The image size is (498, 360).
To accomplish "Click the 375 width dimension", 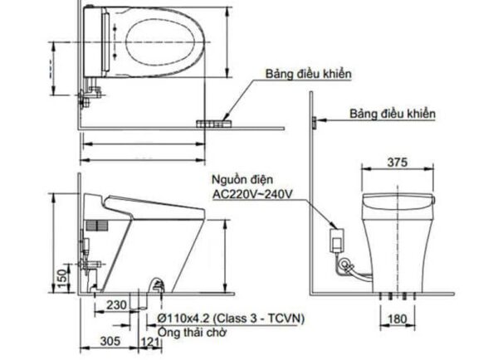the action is click(397, 163).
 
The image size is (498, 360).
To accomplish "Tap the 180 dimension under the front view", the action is click(397, 319).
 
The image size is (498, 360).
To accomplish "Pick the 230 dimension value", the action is click(116, 305).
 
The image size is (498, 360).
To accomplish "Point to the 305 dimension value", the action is click(110, 341).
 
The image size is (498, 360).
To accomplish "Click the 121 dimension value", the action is click(149, 342).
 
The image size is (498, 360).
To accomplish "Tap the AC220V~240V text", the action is click(252, 194).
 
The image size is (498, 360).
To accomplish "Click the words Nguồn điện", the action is click(242, 180).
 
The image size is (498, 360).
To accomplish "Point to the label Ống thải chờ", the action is click(193, 333).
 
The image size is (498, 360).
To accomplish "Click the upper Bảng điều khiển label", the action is click(309, 74).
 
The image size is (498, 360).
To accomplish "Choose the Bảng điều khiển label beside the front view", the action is click(393, 114).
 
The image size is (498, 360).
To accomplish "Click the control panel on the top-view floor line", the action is click(214, 124).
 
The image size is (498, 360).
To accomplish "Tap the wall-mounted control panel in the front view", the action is click(314, 122).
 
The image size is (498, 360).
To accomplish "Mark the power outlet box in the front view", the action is click(336, 241).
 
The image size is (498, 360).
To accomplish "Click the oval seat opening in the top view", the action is click(160, 42).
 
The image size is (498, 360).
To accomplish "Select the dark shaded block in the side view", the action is click(97, 226).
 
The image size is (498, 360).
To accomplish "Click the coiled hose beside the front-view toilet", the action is click(345, 265).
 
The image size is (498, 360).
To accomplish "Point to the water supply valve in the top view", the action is click(90, 93).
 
